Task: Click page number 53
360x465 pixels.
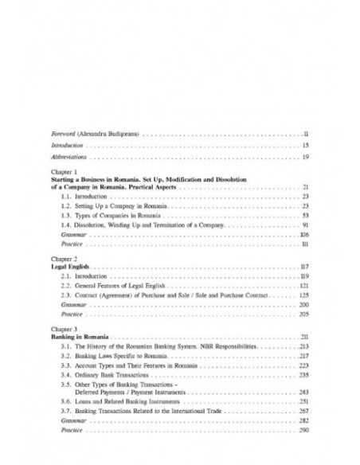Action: click(305, 216)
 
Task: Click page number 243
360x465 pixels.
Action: click(303, 393)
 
